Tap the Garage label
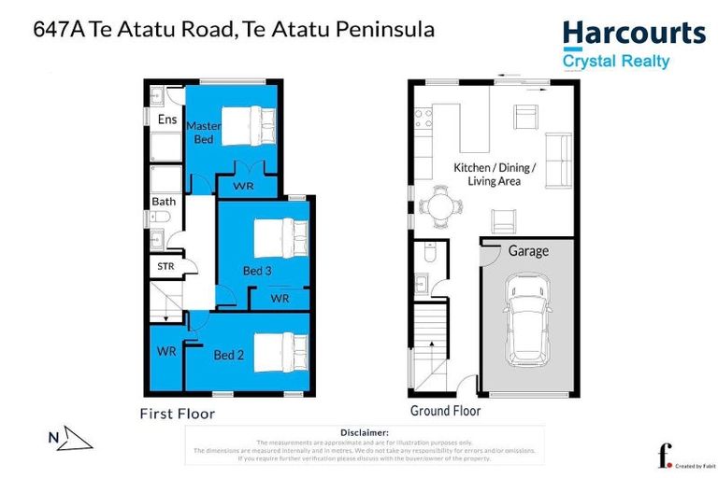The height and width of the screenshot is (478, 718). [528, 251]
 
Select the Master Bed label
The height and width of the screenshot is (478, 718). [204, 132]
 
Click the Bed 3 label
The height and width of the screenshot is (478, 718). [257, 271]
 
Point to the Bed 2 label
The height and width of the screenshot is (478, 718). [228, 355]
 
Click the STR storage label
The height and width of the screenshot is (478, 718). [165, 266]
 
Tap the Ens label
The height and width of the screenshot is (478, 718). [166, 119]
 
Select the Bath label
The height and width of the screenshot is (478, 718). [164, 201]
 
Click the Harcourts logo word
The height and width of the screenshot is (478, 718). [634, 35]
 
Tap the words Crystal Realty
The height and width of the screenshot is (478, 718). [615, 62]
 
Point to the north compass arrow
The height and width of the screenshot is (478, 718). [70, 439]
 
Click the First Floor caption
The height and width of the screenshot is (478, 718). [178, 413]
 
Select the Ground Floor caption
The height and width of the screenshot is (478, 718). [445, 411]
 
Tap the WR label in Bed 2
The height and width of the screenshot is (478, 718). [166, 352]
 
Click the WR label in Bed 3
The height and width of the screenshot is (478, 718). [280, 298]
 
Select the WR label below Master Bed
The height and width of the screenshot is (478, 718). [243, 186]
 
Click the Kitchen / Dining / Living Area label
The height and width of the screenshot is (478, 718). [494, 174]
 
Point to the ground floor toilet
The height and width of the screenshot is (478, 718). [429, 253]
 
